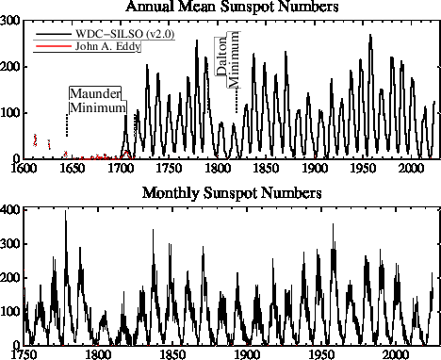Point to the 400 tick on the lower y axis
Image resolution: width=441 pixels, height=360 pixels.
pos(10,207)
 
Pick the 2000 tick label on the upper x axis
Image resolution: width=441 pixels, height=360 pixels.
pos(411,169)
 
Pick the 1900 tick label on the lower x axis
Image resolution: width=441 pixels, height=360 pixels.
pos(247,354)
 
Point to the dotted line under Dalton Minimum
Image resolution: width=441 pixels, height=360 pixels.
pos(237,101)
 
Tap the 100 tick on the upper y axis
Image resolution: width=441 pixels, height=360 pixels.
pos(10,113)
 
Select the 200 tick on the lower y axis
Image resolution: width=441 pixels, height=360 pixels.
pos(10,276)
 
